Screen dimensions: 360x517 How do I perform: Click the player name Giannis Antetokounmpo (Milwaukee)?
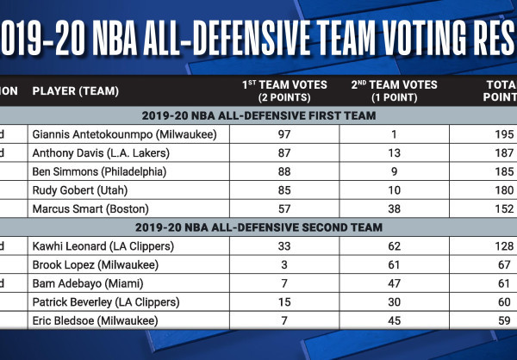click(x=123, y=134)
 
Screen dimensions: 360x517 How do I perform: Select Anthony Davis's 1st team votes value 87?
click(x=285, y=152)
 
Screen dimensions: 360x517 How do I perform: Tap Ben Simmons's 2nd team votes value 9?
click(x=394, y=171)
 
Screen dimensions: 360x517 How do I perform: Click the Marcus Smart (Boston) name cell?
click(x=90, y=208)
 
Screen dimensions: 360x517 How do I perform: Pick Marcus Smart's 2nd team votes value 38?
click(x=394, y=208)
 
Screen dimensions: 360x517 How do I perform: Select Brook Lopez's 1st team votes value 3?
click(x=285, y=264)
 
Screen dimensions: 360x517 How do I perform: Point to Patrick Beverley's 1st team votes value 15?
click(x=285, y=301)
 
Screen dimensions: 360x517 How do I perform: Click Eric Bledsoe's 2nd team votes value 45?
click(x=394, y=320)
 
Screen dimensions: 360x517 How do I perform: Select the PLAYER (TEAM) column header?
click(x=75, y=90)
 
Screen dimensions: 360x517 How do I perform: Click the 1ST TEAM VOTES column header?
click(x=285, y=90)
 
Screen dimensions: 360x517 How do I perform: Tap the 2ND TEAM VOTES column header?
click(x=394, y=90)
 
